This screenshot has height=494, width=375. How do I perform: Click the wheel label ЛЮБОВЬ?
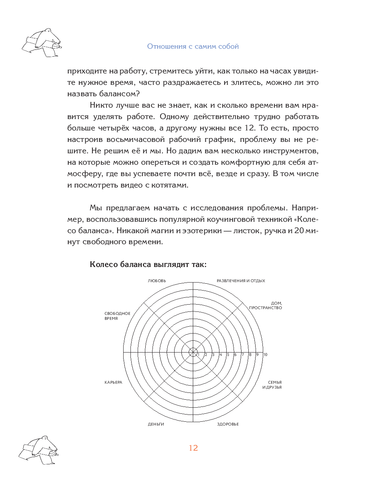point(157,281)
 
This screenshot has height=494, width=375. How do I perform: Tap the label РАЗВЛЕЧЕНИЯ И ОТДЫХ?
point(241,281)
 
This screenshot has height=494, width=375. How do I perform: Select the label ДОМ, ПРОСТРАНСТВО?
point(266,306)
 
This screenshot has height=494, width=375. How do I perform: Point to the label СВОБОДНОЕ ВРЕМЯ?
point(117,316)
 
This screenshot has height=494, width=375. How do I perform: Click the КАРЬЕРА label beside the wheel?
point(113,383)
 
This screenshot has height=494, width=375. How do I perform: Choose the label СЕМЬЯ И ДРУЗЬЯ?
point(272,385)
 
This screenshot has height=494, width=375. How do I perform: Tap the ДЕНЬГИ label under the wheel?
point(156,424)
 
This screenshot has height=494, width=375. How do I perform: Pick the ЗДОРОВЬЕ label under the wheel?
point(228,424)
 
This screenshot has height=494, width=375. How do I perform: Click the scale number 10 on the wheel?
point(265,355)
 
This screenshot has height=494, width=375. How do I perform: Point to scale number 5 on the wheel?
point(228,355)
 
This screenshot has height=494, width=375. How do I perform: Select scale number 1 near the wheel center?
point(199,355)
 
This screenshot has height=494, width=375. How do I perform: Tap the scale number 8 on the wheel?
point(250,355)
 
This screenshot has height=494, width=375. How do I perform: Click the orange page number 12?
point(193,448)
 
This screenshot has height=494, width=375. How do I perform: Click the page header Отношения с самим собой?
point(193,46)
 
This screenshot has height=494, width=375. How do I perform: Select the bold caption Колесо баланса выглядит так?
point(148,264)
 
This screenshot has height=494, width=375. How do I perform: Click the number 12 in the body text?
point(249,128)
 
